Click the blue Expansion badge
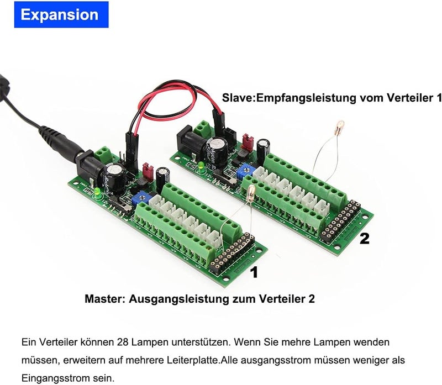tap(61, 15)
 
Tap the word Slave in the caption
tap(238, 98)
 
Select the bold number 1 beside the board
tap(255, 272)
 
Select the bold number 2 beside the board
tap(365, 239)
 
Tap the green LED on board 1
tap(98, 192)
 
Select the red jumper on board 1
tap(148, 171)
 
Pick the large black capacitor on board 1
tap(114, 178)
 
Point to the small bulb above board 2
tap(340, 126)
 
